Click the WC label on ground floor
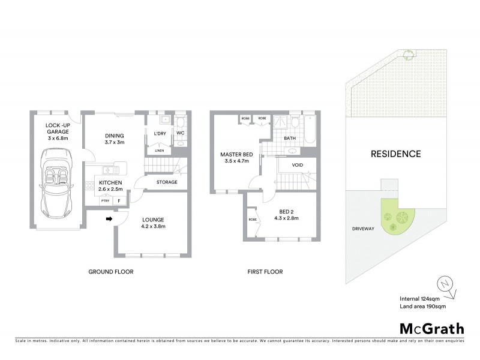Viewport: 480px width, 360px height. point(179,133)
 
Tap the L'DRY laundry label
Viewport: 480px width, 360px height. point(160,133)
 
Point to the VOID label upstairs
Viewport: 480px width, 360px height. point(297,165)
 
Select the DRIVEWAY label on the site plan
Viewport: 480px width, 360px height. point(361,229)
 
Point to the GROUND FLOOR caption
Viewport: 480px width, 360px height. point(110,272)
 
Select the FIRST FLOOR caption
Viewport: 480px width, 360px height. point(265,272)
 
